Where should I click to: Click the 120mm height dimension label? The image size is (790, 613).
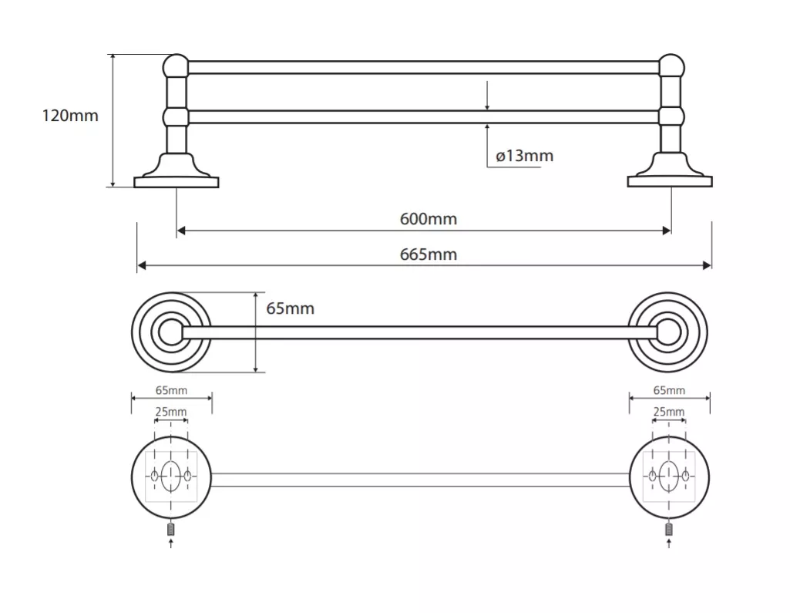pos(70,116)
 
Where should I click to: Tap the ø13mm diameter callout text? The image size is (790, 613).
pos(525,156)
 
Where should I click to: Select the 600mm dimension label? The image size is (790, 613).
pos(429,219)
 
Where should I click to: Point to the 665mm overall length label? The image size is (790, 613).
pos(429,254)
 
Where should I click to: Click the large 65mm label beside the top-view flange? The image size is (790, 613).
pos(291,308)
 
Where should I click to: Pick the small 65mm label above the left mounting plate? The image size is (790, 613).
pos(171,390)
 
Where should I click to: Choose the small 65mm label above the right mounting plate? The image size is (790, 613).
pos(669,390)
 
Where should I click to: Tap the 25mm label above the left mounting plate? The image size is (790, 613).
pos(171,412)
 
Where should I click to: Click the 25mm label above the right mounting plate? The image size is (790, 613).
pos(668,412)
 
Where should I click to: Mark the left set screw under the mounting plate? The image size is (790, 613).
pos(171,529)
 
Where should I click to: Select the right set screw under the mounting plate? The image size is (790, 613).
pos(668,529)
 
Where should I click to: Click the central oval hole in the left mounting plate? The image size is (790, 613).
pos(171,476)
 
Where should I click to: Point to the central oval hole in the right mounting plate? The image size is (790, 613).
pos(668,476)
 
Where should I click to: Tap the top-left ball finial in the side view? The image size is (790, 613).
pos(176,66)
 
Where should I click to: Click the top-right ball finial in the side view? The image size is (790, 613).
pos(671,66)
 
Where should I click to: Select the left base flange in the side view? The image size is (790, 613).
pos(176,171)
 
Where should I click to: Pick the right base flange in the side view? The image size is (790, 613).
pos(670,171)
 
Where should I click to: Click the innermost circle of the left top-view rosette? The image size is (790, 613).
pos(171,332)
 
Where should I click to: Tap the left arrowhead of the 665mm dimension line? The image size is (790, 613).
pos(142,266)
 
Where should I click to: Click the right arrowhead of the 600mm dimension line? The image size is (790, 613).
pos(667,231)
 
